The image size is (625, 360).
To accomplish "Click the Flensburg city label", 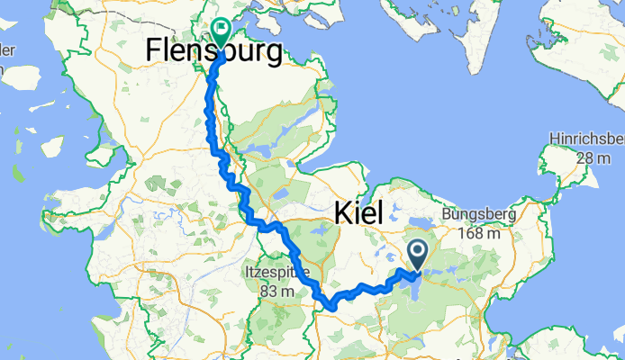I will (x=213, y=52).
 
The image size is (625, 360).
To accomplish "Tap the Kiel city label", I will (x=358, y=213).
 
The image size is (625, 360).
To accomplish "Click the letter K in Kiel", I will (x=344, y=213).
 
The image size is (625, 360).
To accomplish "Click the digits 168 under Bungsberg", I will (x=473, y=233).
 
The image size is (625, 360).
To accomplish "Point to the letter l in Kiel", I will (x=380, y=213).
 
